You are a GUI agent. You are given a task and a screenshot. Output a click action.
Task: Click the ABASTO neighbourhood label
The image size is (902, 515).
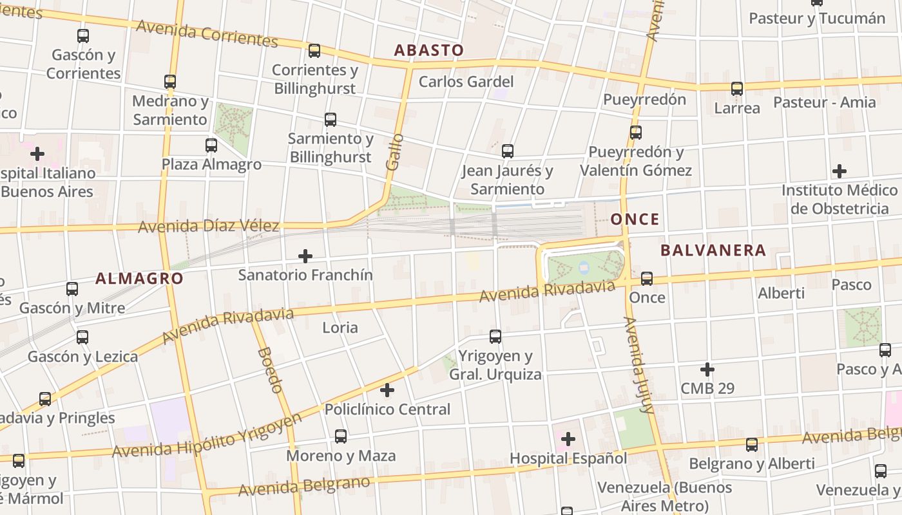[x=428, y=50]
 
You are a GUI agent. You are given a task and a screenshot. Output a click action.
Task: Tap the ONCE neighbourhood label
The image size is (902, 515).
[x=635, y=220]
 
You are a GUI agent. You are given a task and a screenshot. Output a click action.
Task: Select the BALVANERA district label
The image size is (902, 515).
[x=713, y=250]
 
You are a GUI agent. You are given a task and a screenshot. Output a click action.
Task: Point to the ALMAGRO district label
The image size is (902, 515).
[x=139, y=279]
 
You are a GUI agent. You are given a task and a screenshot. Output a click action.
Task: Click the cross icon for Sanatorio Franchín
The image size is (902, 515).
[x=305, y=257]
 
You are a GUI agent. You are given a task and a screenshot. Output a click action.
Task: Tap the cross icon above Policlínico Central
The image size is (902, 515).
[x=387, y=390]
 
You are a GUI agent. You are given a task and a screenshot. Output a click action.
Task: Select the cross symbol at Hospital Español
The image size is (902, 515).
[x=568, y=439]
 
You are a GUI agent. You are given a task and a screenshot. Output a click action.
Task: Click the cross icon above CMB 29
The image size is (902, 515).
[x=707, y=370]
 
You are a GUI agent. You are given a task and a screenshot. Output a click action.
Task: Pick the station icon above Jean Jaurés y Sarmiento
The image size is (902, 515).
[x=508, y=151]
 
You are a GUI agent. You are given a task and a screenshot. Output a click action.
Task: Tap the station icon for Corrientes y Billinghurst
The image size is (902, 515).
[x=314, y=50]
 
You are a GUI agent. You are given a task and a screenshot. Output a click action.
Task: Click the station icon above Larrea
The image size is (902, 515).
[x=737, y=89]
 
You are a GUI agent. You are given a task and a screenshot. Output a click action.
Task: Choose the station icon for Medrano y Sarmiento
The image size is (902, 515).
[x=170, y=82]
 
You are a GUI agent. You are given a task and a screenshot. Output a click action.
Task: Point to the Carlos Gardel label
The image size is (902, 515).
[x=466, y=82]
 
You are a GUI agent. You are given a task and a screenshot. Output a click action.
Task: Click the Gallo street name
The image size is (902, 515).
[x=394, y=152]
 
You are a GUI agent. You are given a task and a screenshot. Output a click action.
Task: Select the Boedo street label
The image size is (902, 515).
[x=269, y=370]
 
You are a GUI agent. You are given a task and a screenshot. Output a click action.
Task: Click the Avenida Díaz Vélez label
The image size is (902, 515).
[x=208, y=226]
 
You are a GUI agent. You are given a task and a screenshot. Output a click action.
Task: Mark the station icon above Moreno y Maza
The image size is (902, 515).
[x=341, y=436]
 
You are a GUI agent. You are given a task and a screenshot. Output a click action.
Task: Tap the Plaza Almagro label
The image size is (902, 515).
[x=211, y=164]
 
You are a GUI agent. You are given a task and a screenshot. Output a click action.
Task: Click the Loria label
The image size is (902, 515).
[x=340, y=328]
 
